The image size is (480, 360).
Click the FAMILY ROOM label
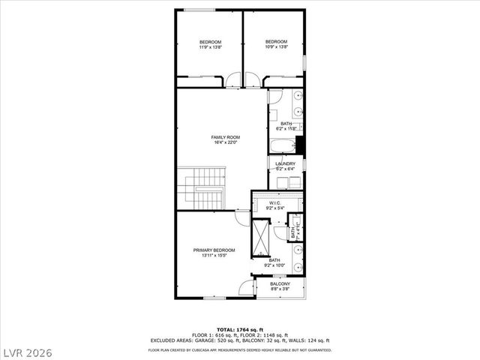pos(225,137)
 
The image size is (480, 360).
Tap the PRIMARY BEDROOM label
pos(214,250)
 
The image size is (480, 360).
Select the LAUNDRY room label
pos(285,163)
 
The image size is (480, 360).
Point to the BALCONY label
pos(280,284)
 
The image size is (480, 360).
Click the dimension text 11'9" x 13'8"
pos(210,47)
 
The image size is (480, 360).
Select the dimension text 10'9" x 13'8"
pos(276,47)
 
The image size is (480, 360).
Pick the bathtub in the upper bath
pos(282,145)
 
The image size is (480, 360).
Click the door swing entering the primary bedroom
pos(241,217)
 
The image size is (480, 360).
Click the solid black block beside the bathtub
pos(300,145)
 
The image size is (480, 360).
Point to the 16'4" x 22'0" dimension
pos(225,143)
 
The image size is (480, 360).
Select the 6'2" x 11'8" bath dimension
pos(286,129)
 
